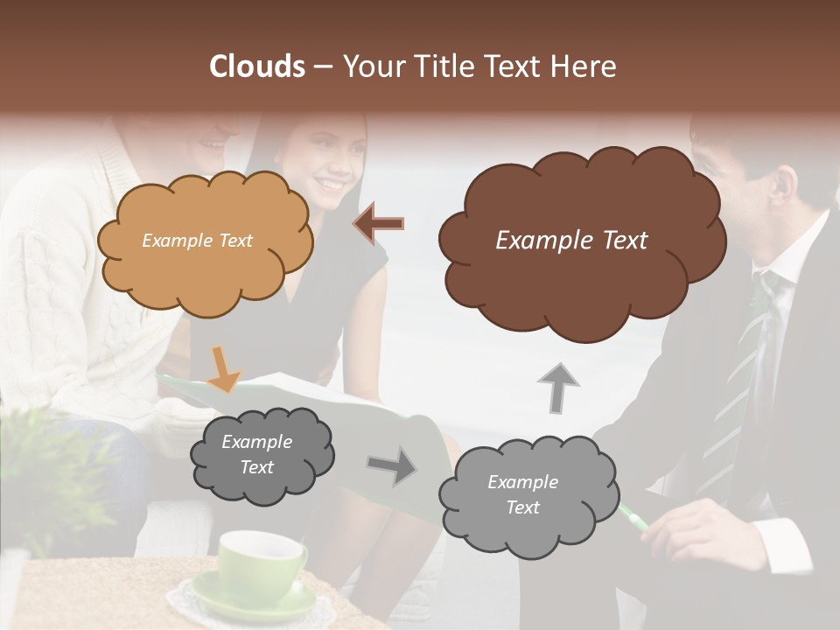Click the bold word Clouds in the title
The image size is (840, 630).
[x=258, y=66]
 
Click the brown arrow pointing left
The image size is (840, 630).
[x=379, y=224]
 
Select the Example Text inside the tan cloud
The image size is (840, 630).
[x=197, y=241]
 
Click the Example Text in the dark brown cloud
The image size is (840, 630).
[x=571, y=241]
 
